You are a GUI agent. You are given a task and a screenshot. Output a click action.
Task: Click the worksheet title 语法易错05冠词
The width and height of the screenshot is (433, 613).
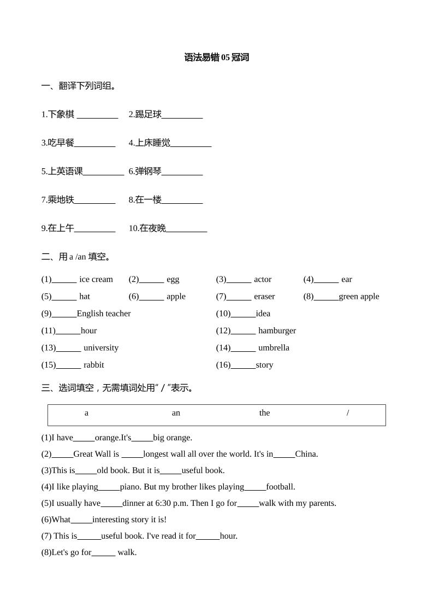(216, 57)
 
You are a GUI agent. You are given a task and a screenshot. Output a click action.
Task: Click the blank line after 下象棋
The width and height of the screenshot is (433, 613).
(97, 116)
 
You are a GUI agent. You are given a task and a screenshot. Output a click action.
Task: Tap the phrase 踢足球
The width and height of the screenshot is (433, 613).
(148, 114)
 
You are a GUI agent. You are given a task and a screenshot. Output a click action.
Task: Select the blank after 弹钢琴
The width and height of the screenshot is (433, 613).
(182, 173)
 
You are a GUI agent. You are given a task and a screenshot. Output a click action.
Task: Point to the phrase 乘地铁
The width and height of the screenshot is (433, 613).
(61, 199)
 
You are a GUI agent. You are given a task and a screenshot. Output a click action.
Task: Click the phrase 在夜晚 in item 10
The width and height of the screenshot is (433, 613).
(152, 228)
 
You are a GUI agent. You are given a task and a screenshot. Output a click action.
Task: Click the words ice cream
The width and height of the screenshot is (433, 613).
(96, 279)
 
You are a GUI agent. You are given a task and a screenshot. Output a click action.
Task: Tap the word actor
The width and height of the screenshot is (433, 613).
(263, 279)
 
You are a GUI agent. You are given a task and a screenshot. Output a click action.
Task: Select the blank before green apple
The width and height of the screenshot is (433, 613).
(326, 298)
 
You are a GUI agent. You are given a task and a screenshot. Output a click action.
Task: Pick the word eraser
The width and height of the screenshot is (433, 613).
(264, 296)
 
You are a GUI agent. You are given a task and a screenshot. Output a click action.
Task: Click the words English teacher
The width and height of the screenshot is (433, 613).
(104, 313)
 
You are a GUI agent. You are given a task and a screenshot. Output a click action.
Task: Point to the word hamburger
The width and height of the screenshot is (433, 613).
(277, 330)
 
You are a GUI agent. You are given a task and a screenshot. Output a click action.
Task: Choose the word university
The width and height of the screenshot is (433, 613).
(101, 347)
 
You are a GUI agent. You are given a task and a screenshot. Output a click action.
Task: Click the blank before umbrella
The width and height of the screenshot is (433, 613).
(243, 349)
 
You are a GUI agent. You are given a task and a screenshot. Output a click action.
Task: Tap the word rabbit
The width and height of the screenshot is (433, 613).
(93, 364)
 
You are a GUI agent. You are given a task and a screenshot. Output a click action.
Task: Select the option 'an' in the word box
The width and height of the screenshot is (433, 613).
(176, 412)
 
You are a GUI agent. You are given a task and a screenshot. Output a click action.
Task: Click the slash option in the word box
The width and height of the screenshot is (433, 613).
(348, 412)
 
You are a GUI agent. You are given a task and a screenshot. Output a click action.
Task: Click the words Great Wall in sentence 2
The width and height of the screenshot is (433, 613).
(92, 453)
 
